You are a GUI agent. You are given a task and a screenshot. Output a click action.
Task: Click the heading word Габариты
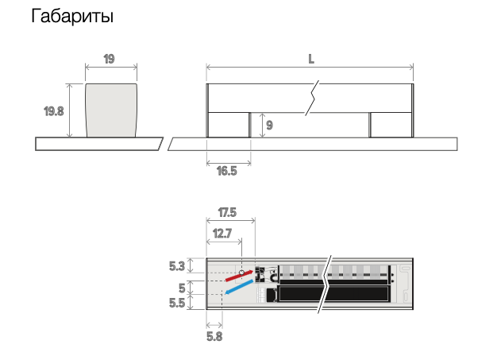pyautogui.click(x=72, y=16)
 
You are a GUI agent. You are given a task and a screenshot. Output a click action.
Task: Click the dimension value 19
pyautogui.click(x=109, y=59)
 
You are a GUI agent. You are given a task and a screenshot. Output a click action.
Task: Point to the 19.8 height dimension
pyautogui.click(x=53, y=111)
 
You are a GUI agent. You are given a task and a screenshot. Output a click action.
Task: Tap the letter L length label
pyautogui.click(x=311, y=59)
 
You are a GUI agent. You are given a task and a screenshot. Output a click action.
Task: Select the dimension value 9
pyautogui.click(x=269, y=126)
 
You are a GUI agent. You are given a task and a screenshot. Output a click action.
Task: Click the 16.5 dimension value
pyautogui.click(x=226, y=172)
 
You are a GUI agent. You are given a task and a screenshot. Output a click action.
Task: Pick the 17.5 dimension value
pyautogui.click(x=227, y=212)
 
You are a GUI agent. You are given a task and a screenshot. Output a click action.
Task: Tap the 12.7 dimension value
pyautogui.click(x=222, y=234)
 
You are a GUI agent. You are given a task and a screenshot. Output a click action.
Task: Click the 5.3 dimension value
pyautogui.click(x=176, y=266)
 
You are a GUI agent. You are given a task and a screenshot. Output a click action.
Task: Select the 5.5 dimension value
pyautogui.click(x=177, y=304)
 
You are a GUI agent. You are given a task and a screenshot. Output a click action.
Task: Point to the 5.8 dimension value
pyautogui.click(x=214, y=336)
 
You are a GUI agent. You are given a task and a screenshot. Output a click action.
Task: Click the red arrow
pyautogui.click(x=239, y=276)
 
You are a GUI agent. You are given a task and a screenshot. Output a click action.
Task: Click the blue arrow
pyautogui.click(x=239, y=287)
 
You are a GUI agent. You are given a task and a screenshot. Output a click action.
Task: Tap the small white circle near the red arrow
pyautogui.click(x=241, y=273)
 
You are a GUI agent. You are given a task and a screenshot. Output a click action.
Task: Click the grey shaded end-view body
pyautogui.click(x=111, y=110)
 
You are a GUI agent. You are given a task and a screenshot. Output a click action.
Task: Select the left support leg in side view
pyautogui.click(x=229, y=125)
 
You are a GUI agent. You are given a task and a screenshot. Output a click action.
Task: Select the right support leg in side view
pyautogui.click(x=391, y=125)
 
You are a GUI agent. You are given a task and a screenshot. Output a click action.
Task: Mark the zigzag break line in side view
pyautogui.click(x=312, y=99)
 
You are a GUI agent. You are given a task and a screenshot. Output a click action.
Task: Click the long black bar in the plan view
pyautogui.click(x=333, y=294)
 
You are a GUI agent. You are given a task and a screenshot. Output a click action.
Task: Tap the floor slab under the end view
pyautogui.click(x=99, y=144)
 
